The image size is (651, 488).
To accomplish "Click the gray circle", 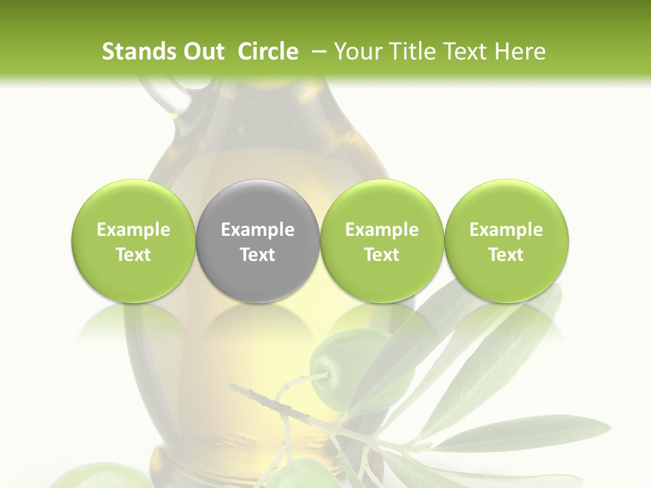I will (x=257, y=241).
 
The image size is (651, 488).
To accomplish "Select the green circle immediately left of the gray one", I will (x=133, y=241).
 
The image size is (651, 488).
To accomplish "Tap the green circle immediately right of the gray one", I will (x=381, y=241).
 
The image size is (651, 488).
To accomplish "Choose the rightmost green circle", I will (x=506, y=241).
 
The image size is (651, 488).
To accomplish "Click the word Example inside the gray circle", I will (x=258, y=230).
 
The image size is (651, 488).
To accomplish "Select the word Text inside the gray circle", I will (x=258, y=255).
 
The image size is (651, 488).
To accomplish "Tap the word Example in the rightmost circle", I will (x=506, y=230).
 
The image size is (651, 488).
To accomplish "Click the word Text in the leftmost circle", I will (x=134, y=255).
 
